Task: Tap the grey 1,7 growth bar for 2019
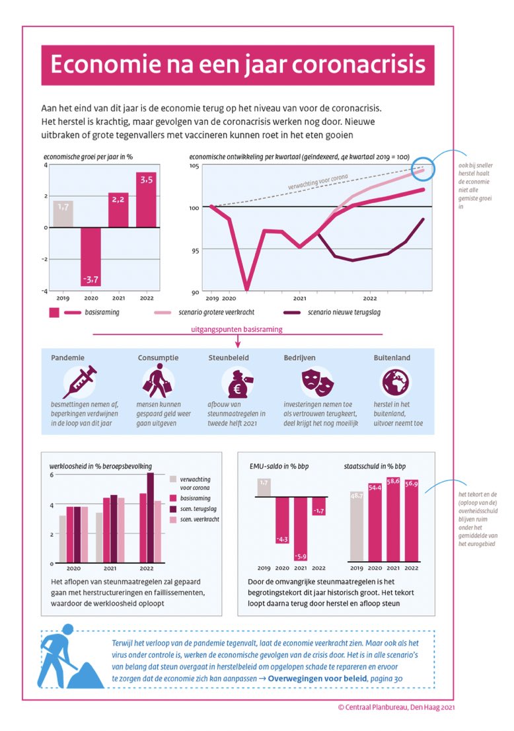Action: coord(63,213)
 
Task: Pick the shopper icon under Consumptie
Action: coord(157,381)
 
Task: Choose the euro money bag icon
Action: coord(237,383)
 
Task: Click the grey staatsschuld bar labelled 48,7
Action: coord(357,529)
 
